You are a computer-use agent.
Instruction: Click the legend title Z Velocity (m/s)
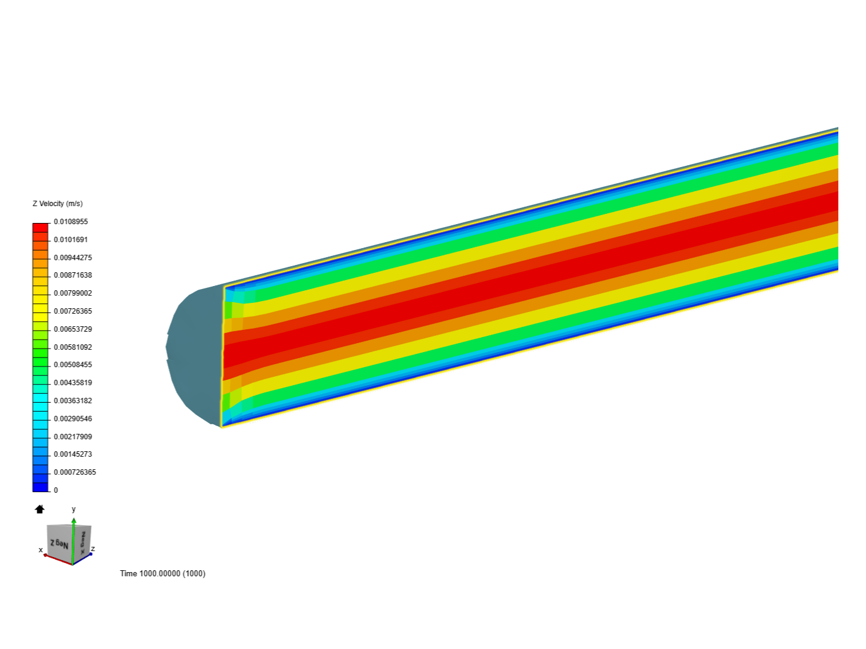58,204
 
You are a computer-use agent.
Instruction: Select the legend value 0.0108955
70,222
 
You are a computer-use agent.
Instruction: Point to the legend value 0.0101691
70,240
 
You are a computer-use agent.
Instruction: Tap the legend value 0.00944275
72,258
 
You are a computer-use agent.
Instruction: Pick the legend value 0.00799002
72,293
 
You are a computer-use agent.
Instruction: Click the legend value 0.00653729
72,329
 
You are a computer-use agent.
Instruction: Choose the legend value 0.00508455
72,365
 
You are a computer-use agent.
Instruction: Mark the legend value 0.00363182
72,401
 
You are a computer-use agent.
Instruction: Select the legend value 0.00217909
72,437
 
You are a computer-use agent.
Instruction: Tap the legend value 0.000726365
75,472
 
